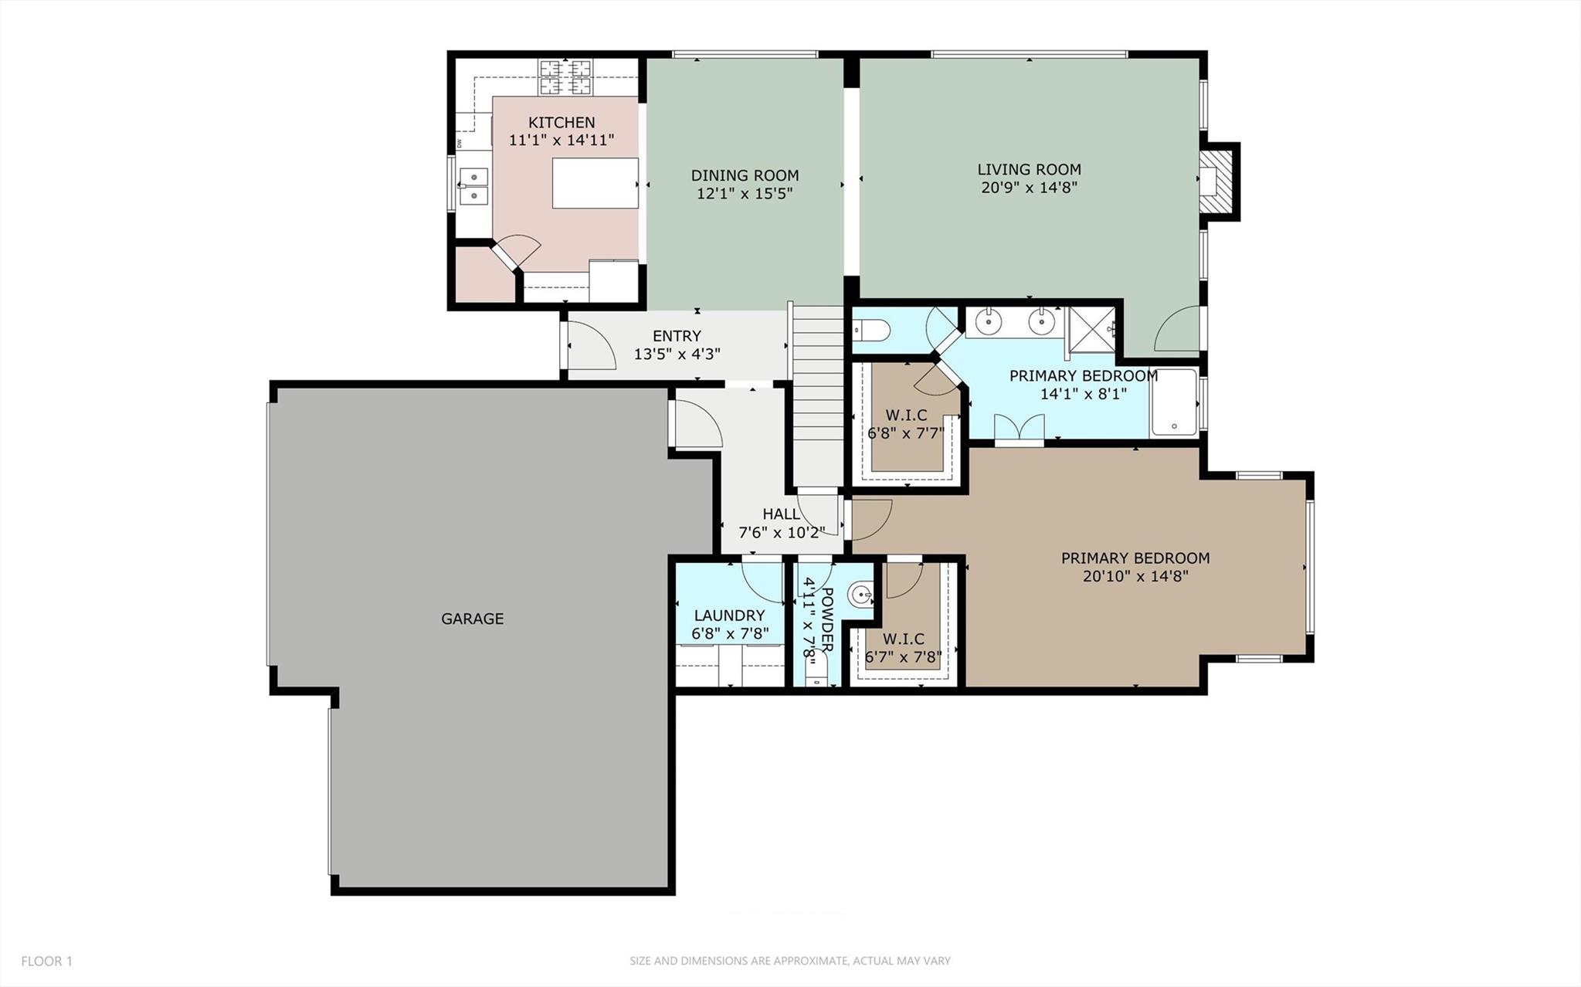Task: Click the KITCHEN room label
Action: point(561,122)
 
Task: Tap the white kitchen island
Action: point(595,183)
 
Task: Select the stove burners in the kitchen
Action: point(565,77)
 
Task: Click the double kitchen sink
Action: point(473,186)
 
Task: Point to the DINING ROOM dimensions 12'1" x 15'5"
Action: point(745,194)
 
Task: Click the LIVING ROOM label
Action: point(1029,169)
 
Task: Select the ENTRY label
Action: point(677,336)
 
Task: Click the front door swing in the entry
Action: point(589,346)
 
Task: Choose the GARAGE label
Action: point(472,619)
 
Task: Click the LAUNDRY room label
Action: point(729,616)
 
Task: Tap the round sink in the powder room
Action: point(860,595)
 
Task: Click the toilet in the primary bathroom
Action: point(871,331)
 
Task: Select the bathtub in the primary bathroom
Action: point(1174,403)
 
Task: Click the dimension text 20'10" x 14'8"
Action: point(1135,576)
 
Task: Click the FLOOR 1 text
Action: point(46,962)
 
